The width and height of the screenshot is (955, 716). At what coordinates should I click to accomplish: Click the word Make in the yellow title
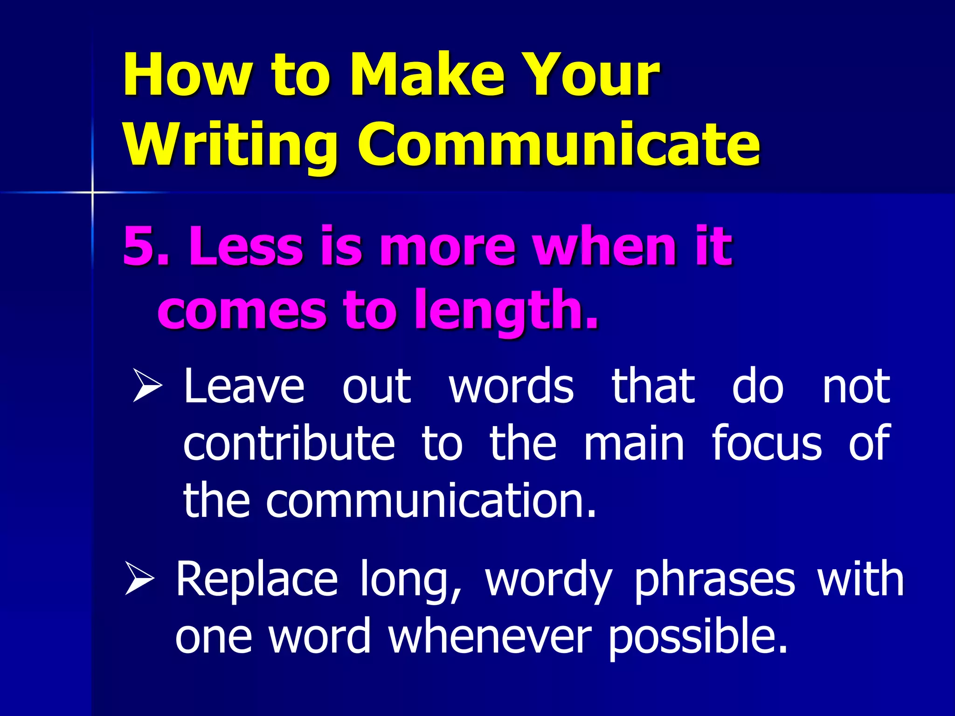tap(428, 75)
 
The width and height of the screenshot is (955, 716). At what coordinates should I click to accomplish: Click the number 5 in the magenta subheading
tap(139, 246)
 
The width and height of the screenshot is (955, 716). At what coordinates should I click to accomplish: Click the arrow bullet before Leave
tap(147, 385)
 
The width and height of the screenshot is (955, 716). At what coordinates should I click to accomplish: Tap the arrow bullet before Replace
tap(139, 578)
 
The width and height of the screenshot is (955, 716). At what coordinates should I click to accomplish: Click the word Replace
tap(256, 579)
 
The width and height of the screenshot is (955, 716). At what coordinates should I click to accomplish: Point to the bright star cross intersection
tap(92, 192)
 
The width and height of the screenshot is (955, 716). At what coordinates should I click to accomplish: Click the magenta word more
tap(447, 246)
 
